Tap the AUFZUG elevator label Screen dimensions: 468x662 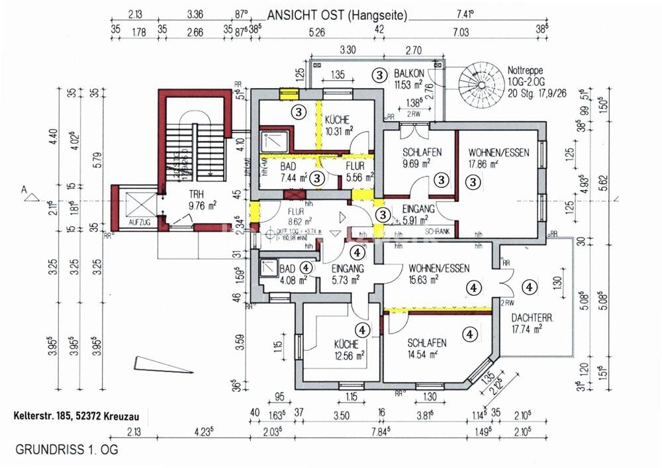(140, 222)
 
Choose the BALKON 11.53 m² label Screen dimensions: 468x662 (408, 79)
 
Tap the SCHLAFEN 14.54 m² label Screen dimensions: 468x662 (426, 349)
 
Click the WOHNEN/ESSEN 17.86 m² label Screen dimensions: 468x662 (498, 157)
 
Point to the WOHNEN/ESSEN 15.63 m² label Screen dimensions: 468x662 (439, 273)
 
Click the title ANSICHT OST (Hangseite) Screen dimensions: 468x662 (337, 15)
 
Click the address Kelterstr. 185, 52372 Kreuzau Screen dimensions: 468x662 (79, 418)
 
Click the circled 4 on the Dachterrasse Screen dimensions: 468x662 (530, 287)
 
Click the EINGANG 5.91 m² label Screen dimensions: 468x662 (419, 214)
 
